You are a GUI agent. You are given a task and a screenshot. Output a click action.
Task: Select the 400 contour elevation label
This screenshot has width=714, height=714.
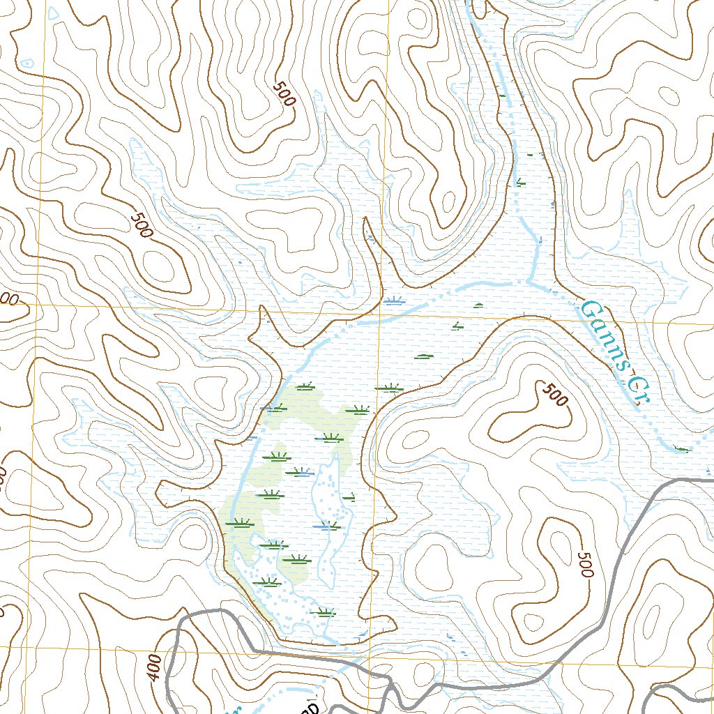coord(154,668)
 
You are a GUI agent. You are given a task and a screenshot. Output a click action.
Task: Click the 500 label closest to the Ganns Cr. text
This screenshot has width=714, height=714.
coord(554,395)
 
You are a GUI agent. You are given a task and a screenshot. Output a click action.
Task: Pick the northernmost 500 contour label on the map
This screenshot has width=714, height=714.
coord(284,93)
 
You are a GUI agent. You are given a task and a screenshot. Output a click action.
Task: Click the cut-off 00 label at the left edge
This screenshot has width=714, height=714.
coord(8,300)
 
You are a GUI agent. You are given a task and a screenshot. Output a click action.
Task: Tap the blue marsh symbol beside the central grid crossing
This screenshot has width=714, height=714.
coord(394,301)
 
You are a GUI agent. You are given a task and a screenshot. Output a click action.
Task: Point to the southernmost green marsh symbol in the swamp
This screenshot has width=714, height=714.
coord(324,614)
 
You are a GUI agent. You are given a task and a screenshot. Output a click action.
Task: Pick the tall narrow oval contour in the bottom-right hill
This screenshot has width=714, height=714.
coord(652,621)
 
